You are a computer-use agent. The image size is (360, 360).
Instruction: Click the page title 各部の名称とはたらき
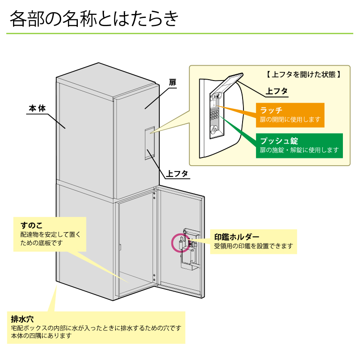pos(94,19)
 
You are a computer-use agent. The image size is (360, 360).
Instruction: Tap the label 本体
pos(37,108)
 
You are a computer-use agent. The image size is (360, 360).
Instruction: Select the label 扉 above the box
pos(172,83)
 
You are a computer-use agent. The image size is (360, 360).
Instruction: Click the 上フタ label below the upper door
pos(177,173)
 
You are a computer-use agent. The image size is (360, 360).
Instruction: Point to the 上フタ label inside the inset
pos(277,91)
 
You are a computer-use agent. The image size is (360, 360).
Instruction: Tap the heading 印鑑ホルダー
pos(237,237)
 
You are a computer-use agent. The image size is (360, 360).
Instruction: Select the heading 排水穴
pos(22,319)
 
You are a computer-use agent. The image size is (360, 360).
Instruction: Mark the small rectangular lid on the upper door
pos(150,143)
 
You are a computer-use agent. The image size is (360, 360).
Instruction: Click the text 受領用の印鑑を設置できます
pos(253,246)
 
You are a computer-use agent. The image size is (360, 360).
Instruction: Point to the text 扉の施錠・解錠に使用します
pos(299,150)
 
